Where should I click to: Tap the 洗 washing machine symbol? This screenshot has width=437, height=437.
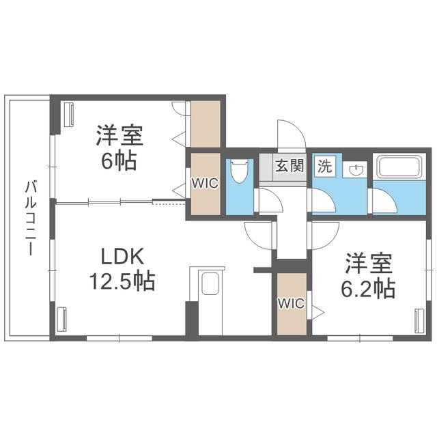click(x=325, y=166)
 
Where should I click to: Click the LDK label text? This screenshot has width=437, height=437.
click(x=122, y=256)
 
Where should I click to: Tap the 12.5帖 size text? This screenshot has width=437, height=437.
click(x=122, y=281)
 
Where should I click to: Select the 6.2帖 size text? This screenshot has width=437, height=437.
click(x=368, y=289)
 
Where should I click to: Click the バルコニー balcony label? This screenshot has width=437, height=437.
click(x=31, y=218)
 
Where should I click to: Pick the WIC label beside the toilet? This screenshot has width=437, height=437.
click(x=205, y=183)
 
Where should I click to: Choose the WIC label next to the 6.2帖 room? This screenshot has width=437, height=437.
click(x=292, y=303)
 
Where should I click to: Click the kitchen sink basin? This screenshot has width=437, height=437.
click(x=210, y=283)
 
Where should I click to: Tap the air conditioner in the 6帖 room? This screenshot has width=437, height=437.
click(x=69, y=115)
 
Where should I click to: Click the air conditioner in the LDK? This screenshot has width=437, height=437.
click(x=61, y=319)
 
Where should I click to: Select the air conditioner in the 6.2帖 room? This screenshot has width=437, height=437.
click(x=419, y=320)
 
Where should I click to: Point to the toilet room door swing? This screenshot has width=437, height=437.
click(x=269, y=200)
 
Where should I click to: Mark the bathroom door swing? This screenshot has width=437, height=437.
click(x=382, y=200)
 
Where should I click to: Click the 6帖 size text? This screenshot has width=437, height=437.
click(x=119, y=161)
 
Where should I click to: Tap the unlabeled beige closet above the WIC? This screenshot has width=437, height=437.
click(x=206, y=124)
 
